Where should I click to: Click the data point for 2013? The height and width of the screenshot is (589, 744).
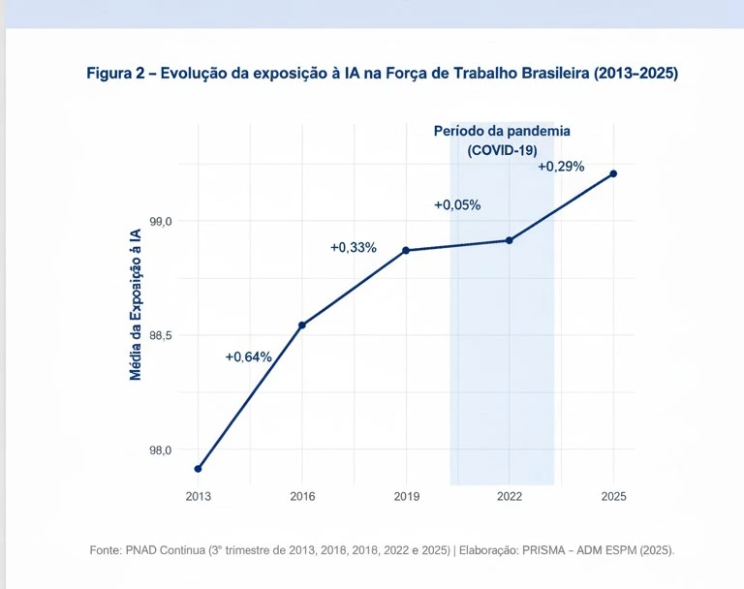[198, 469]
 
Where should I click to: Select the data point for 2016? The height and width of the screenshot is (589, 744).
[302, 325]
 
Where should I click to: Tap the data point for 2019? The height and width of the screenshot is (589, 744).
[406, 251]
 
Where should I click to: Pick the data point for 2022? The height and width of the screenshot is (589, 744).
[510, 240]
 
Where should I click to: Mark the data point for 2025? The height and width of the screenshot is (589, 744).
[613, 173]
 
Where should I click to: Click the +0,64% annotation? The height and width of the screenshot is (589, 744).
[248, 356]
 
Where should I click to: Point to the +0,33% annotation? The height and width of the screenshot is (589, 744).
[354, 248]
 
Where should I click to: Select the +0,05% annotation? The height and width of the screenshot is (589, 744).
[457, 205]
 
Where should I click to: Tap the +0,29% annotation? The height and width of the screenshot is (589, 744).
[561, 167]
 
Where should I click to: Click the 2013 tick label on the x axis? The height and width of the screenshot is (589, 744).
[198, 496]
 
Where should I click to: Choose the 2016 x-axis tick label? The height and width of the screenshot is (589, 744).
[302, 496]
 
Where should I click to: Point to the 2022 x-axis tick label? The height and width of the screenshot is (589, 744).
[510, 496]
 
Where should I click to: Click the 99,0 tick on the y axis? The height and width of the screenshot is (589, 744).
[161, 222]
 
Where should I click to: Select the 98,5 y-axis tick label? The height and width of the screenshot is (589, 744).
[161, 335]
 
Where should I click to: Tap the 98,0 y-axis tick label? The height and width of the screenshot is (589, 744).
[161, 449]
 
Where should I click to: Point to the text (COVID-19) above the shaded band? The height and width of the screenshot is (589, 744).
[502, 150]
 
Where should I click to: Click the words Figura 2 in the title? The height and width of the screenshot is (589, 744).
[116, 74]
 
